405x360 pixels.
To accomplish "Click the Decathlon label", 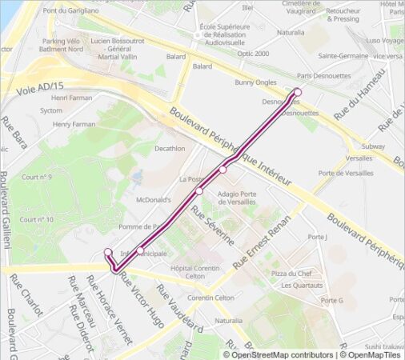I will (169, 148).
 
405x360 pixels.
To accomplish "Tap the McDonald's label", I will (154, 199).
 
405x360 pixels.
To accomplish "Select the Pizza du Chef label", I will (291, 274).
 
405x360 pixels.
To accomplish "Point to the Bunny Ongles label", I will (255, 82).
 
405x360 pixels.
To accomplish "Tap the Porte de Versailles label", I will (345, 174).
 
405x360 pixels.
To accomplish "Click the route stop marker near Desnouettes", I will (298, 92).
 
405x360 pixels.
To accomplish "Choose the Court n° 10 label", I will (38, 219).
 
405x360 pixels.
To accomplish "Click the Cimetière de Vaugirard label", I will (306, 6).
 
